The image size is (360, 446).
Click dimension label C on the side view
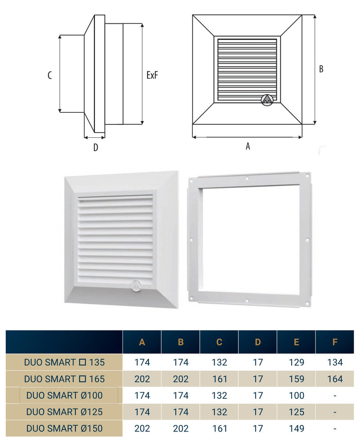click(50, 75)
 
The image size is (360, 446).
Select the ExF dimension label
click(152, 75)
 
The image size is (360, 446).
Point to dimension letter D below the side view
click(95, 147)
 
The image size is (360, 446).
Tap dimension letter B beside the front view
click(321, 69)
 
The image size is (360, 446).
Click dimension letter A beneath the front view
click(247, 146)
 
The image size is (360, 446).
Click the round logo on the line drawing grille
click(267, 100)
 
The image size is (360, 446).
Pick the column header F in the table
click(335, 342)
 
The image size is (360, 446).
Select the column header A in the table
click(142, 342)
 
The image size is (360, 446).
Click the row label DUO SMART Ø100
click(64, 396)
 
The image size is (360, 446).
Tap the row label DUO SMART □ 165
click(64, 379)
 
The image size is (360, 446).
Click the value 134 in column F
click(335, 362)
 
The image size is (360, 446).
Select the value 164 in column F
click(335, 379)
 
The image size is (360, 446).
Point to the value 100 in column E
click(297, 396)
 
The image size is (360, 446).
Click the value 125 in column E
click(297, 412)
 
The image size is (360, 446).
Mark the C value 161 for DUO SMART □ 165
click(219, 379)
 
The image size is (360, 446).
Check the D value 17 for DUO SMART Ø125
click(258, 412)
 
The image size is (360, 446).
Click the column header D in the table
click(258, 342)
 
